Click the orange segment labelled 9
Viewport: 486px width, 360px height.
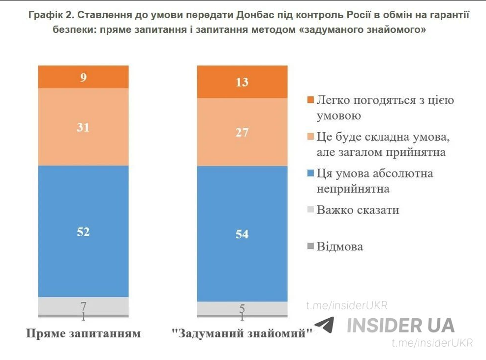pyautogui.click(x=84, y=77)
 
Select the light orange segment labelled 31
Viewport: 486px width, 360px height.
pyautogui.click(x=84, y=127)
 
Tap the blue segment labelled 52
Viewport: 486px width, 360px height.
pyautogui.click(x=84, y=231)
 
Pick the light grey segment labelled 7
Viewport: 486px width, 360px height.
pyautogui.click(x=84, y=305)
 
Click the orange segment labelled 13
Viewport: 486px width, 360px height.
pyautogui.click(x=242, y=82)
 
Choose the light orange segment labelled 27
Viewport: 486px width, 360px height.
pyautogui.click(x=242, y=132)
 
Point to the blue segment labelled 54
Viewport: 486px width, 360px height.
pyautogui.click(x=242, y=234)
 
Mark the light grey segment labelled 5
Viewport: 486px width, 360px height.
pyautogui.click(x=242, y=308)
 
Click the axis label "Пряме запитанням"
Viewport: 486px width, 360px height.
pyautogui.click(x=84, y=333)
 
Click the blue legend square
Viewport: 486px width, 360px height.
pyautogui.click(x=310, y=174)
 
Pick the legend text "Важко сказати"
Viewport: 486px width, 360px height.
pyautogui.click(x=358, y=210)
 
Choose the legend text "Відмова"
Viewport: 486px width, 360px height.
pyautogui.click(x=340, y=246)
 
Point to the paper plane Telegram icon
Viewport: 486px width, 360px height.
pyautogui.click(x=325, y=325)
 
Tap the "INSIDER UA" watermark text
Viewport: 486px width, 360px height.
pyautogui.click(x=401, y=325)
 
